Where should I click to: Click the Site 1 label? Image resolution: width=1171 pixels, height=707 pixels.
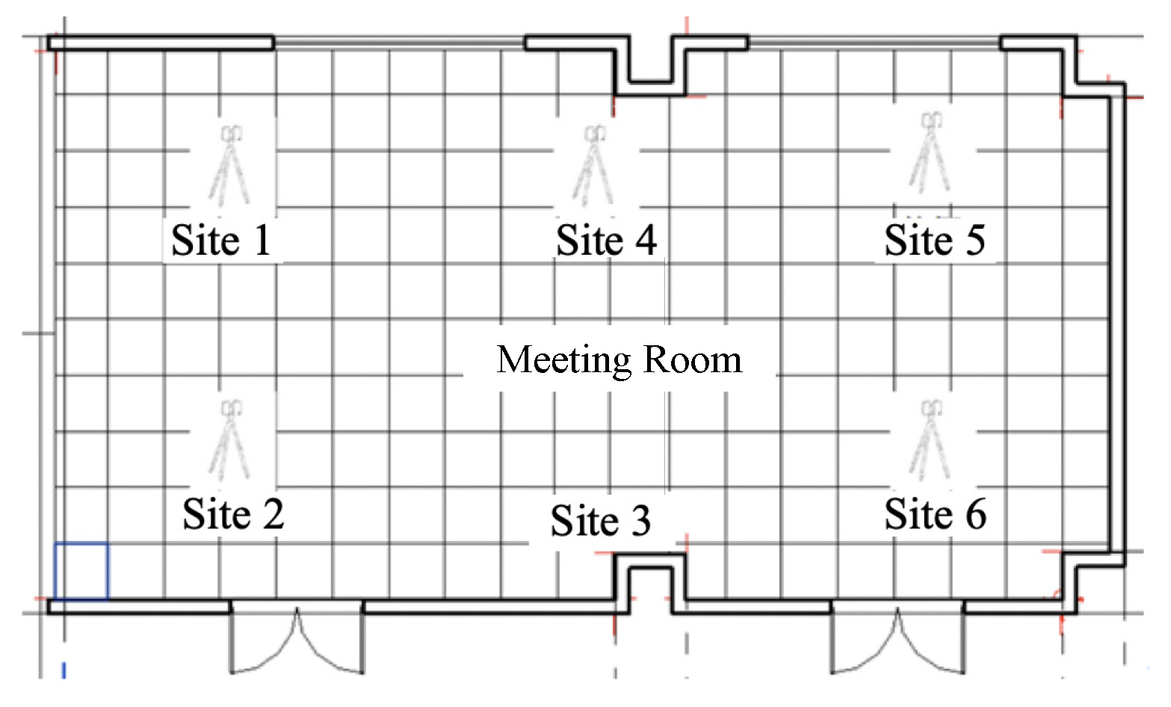[x=221, y=240]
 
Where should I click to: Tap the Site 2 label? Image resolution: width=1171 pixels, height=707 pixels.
[x=233, y=514]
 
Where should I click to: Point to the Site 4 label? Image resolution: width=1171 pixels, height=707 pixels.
[x=606, y=240]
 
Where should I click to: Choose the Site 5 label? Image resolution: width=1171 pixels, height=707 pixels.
[x=935, y=240]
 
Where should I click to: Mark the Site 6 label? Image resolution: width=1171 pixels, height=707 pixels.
[x=936, y=514]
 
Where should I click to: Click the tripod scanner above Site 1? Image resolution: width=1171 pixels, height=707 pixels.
[x=229, y=165]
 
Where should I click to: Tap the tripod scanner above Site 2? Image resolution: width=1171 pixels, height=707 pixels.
[x=229, y=440]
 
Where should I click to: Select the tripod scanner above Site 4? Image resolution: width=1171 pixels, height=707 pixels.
[x=593, y=165]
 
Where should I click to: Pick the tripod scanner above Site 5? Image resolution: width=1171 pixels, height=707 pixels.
[x=930, y=152]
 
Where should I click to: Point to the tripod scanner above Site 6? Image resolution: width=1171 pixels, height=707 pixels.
[x=930, y=440]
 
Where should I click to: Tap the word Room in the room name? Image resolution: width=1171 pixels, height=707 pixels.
[x=692, y=360]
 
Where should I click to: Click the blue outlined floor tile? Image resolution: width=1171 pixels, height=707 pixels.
[x=81, y=571]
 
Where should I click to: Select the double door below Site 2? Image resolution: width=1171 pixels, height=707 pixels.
[x=297, y=638]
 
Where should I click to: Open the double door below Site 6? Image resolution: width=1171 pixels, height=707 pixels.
[x=897, y=638]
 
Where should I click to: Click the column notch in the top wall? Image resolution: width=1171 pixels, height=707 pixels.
[x=650, y=66]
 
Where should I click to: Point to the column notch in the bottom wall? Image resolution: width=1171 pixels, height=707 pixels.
[x=650, y=583]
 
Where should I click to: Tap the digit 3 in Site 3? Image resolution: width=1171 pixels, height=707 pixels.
[x=640, y=521]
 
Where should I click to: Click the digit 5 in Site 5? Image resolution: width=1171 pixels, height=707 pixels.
[x=974, y=240]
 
